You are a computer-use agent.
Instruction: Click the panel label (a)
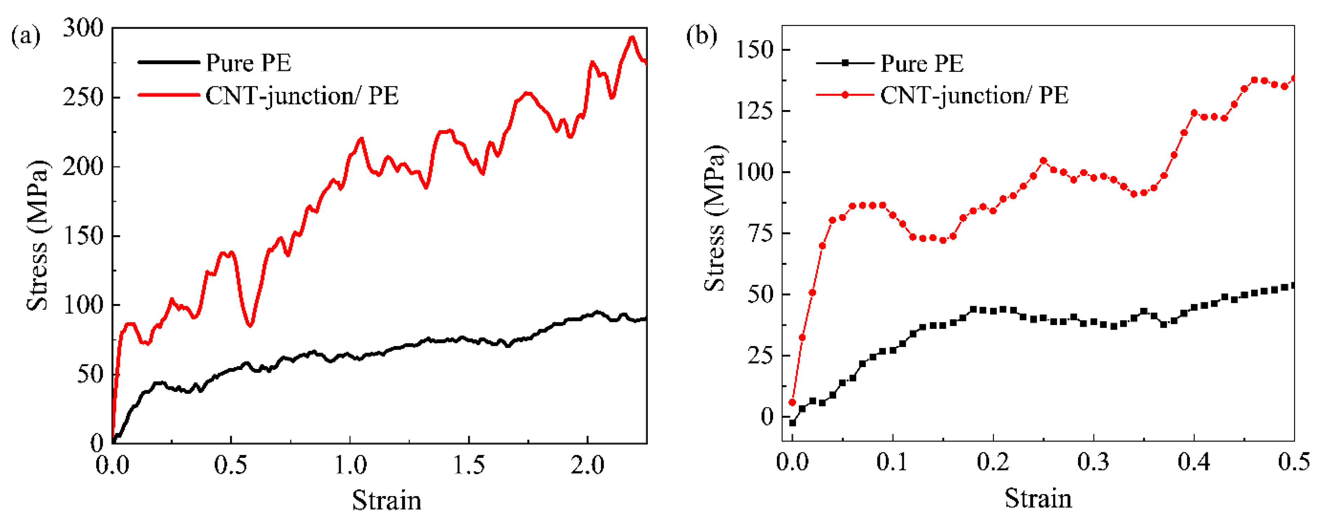[26, 37]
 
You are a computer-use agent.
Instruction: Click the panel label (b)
[702, 36]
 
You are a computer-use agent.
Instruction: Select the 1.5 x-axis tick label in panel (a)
[469, 465]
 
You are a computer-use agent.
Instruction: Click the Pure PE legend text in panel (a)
[248, 62]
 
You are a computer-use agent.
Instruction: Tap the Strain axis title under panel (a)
[387, 500]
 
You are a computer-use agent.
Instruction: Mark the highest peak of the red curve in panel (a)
[632, 38]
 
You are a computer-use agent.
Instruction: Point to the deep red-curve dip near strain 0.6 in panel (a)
[250, 325]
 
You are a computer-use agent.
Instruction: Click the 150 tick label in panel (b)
[754, 50]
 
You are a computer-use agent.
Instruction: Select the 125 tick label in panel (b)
[754, 111]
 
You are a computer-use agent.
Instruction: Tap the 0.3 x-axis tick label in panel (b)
[1093, 462]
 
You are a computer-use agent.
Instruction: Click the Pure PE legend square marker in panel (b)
[845, 62]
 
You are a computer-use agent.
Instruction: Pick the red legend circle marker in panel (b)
[845, 95]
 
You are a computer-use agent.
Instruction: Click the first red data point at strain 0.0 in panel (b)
[792, 402]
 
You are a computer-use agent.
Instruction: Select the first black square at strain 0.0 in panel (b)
[792, 423]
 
